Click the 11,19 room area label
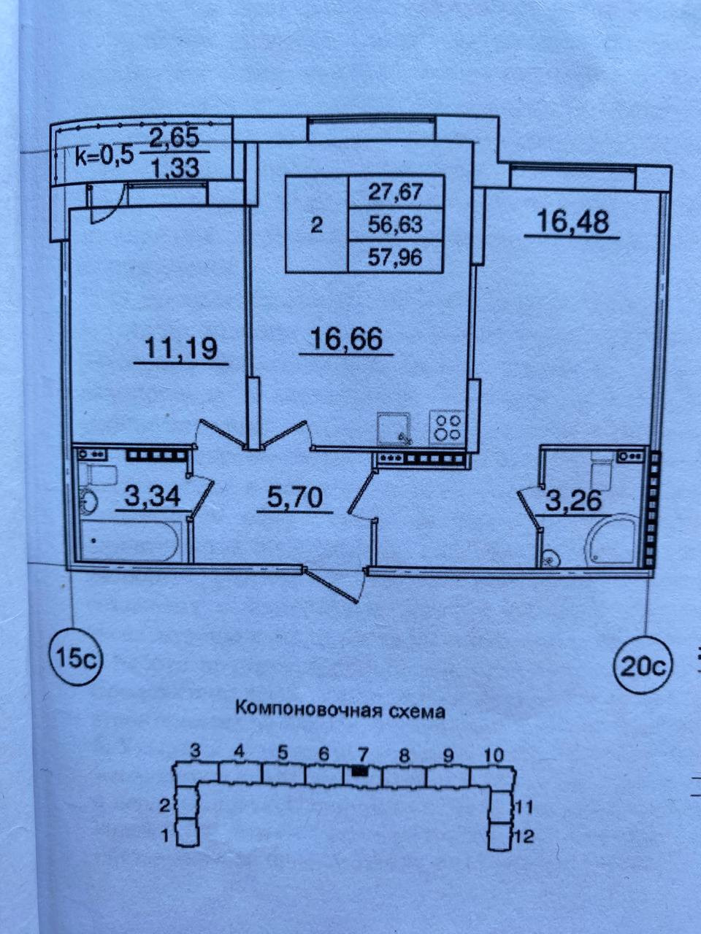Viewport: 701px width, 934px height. tap(181, 349)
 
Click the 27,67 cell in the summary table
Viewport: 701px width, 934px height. tap(397, 193)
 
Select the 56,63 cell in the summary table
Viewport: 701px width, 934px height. tap(397, 224)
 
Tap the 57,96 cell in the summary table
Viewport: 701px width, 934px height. tap(397, 256)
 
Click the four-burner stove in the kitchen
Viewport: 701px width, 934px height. tap(447, 426)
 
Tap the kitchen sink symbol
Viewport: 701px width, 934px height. tap(394, 428)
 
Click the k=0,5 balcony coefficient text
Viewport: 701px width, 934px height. tap(105, 155)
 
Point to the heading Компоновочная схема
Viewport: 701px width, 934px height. tap(340, 710)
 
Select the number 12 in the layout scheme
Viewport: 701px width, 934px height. tap(524, 836)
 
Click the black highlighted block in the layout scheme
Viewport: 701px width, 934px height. tap(359, 771)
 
